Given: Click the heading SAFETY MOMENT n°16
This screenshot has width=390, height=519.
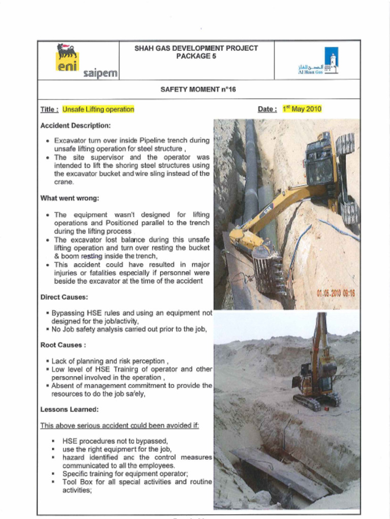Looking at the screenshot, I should pyautogui.click(x=198, y=89).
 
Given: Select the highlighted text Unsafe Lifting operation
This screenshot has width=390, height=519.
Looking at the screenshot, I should pyautogui.click(x=98, y=109).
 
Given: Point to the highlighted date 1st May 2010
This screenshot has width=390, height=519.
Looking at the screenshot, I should pyautogui.click(x=302, y=109).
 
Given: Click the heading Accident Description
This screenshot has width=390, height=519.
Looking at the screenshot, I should pyautogui.click(x=75, y=125).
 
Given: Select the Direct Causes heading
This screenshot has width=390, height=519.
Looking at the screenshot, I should pyautogui.click(x=64, y=297).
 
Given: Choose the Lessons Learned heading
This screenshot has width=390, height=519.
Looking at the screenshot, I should pyautogui.click(x=69, y=409).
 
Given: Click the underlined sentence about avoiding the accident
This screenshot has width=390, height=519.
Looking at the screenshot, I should pyautogui.click(x=119, y=425).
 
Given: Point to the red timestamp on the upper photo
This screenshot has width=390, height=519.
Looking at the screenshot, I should pyautogui.click(x=336, y=293).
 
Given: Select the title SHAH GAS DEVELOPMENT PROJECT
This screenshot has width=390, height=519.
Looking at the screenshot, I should pyautogui.click(x=196, y=48).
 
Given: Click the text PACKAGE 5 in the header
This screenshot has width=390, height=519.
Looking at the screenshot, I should pyautogui.click(x=196, y=56).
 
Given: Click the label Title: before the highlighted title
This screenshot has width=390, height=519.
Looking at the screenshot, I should pyautogui.click(x=50, y=109).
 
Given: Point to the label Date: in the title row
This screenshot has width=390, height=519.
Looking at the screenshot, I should pyautogui.click(x=267, y=109).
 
